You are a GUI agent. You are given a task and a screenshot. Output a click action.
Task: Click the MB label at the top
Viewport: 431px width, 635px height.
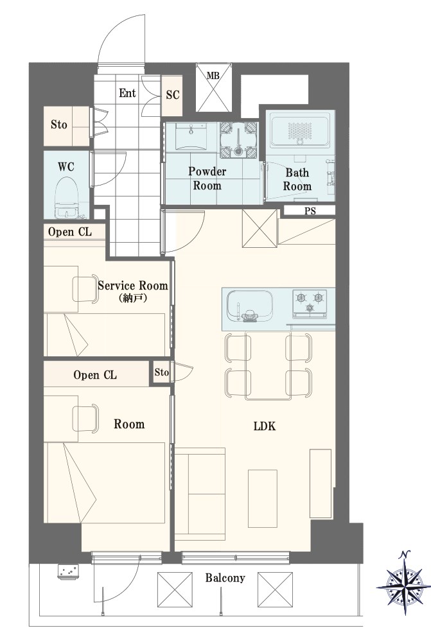click(213, 75)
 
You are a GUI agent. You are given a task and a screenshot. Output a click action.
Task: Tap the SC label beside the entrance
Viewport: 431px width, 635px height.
click(173, 95)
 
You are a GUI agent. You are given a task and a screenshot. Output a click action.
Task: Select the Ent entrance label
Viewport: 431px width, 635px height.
click(127, 93)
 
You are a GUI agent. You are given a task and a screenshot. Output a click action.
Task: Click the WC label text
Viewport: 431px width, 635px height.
click(66, 166)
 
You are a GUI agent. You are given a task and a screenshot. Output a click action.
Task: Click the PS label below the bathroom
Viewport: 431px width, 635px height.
click(310, 211)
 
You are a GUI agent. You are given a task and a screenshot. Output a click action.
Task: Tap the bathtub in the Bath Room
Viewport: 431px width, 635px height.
click(300, 130)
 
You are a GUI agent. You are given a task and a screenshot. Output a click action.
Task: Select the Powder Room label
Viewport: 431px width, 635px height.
click(207, 178)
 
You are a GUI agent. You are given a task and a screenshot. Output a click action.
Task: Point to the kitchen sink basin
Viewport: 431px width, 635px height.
click(249, 306)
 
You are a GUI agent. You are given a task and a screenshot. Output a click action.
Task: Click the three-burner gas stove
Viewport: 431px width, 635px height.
click(310, 303)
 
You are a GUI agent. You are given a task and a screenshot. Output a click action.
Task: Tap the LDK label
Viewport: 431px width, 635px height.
click(265, 426)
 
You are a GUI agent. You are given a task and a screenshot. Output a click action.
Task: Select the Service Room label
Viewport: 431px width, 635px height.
click(133, 286)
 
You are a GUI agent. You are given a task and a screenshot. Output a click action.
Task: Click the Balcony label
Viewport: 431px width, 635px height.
click(225, 577)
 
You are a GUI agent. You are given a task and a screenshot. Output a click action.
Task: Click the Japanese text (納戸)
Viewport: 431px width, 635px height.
click(133, 299)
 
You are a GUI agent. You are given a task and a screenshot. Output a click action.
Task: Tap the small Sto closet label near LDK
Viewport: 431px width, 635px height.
click(162, 372)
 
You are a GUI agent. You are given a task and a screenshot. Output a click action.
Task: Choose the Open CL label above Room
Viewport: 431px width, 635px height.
click(95, 375)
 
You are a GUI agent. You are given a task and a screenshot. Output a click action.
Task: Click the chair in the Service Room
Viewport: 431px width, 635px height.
click(85, 289)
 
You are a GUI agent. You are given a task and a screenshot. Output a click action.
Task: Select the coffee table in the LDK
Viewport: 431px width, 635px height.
click(263, 498)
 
